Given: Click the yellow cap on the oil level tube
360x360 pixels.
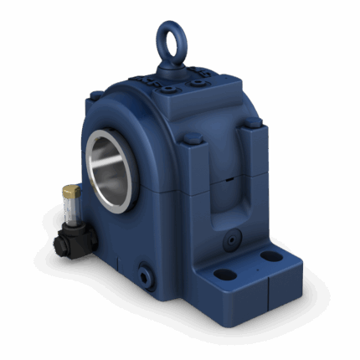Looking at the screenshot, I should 69,193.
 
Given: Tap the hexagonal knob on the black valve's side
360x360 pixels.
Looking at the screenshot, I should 59,244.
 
